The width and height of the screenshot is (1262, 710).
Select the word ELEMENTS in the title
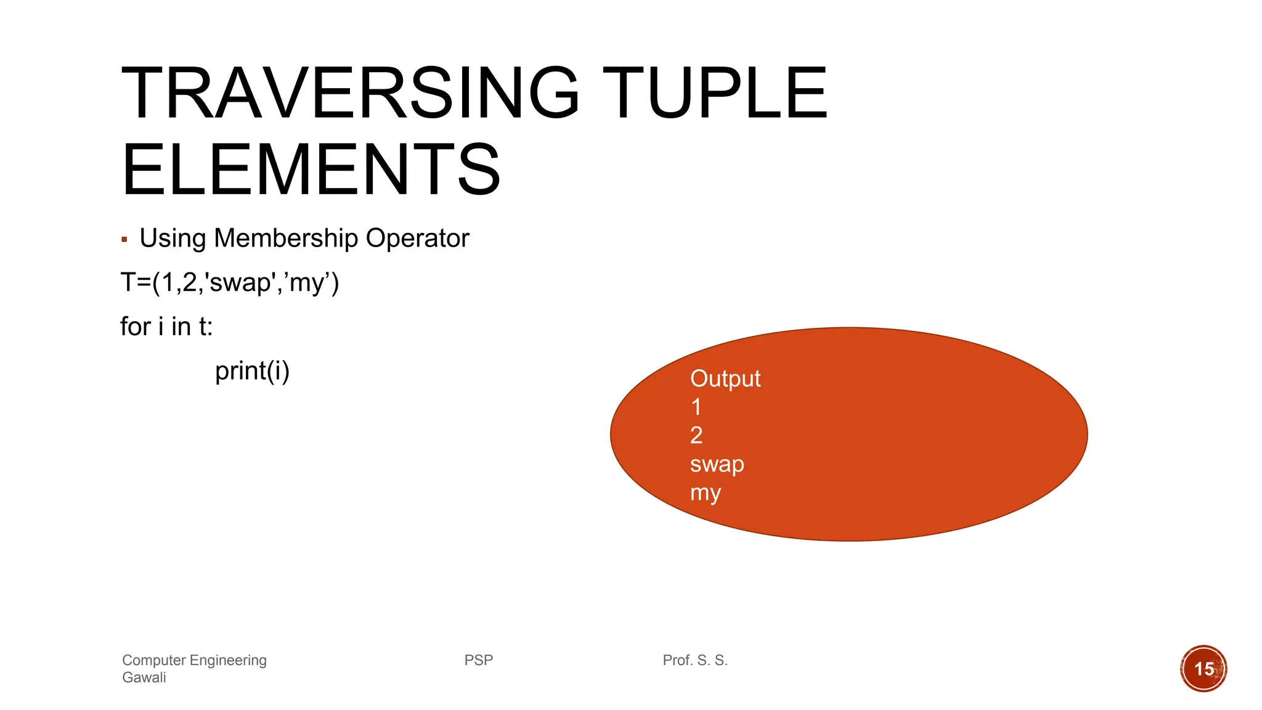(311, 169)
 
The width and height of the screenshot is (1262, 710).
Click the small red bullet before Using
(124, 239)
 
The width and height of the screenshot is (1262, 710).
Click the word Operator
(417, 238)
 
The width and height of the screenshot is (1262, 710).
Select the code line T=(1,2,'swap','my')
(229, 283)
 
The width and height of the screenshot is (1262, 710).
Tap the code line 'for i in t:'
(166, 327)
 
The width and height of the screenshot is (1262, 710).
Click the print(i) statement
(252, 371)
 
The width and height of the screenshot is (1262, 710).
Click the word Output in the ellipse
(725, 378)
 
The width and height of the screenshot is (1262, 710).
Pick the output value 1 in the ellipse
(696, 407)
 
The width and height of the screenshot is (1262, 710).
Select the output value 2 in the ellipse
(696, 436)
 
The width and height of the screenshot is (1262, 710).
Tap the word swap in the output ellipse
(717, 465)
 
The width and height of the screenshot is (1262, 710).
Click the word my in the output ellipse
(705, 493)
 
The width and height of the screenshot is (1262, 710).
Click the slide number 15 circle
(1203, 669)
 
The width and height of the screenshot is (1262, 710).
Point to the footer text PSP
(479, 660)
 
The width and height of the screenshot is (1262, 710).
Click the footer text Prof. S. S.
(695, 660)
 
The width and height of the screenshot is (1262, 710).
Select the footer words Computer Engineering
(194, 660)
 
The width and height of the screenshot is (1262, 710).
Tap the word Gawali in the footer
(144, 677)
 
